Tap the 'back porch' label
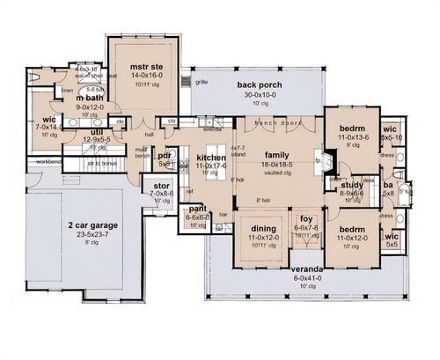point(259,85)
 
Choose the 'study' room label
point(353,185)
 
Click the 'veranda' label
point(306,268)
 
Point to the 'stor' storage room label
point(161,186)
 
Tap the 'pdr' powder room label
point(164,156)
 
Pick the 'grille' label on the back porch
point(202,82)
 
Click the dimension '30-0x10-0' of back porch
point(259,96)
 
